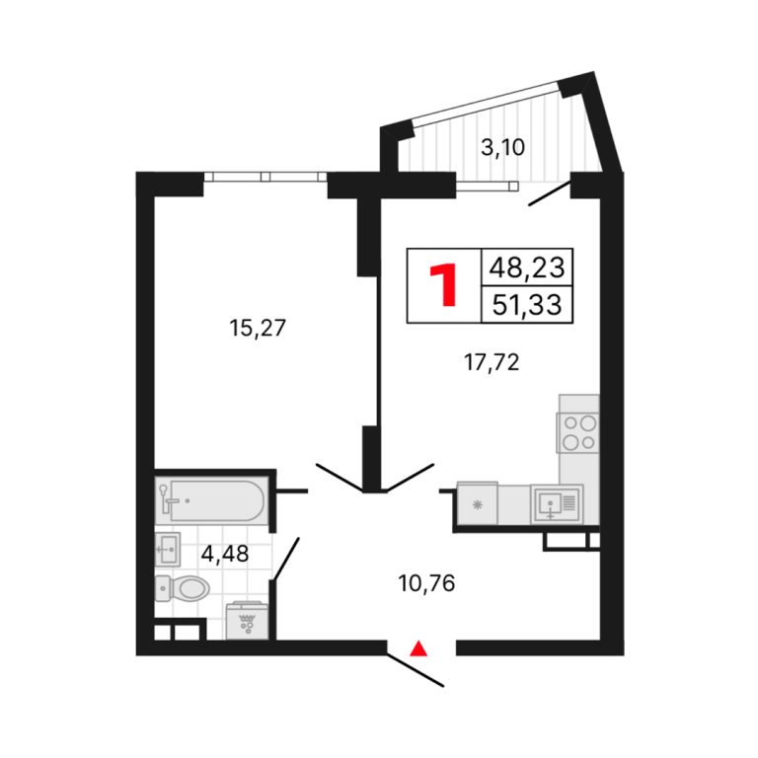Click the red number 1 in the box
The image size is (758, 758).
coord(443,285)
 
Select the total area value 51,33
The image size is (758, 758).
coord(527,305)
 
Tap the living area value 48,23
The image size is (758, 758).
coord(527,267)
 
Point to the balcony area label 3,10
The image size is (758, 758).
coord(502,147)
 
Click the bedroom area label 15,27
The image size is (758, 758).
coord(258,328)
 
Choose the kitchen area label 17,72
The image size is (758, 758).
coord(492,362)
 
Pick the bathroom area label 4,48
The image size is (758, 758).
coord(225,554)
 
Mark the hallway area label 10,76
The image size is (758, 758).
coord(426,583)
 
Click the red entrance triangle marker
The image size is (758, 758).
coord(418,648)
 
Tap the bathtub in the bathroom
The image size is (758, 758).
coord(211,500)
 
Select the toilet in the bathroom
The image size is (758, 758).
coord(183,588)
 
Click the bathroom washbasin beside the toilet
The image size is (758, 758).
coord(168,549)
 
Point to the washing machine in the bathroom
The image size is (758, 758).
coord(247,621)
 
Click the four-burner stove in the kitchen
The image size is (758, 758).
coord(578,432)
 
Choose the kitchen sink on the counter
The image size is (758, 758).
coord(557,503)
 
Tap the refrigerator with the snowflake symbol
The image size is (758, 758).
coord(477,503)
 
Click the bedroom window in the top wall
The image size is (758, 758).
coord(265,177)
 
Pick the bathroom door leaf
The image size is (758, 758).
coord(286,559)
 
